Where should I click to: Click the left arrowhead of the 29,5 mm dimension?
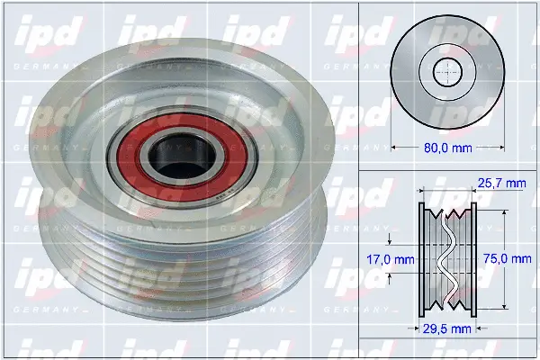point(423,327)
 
